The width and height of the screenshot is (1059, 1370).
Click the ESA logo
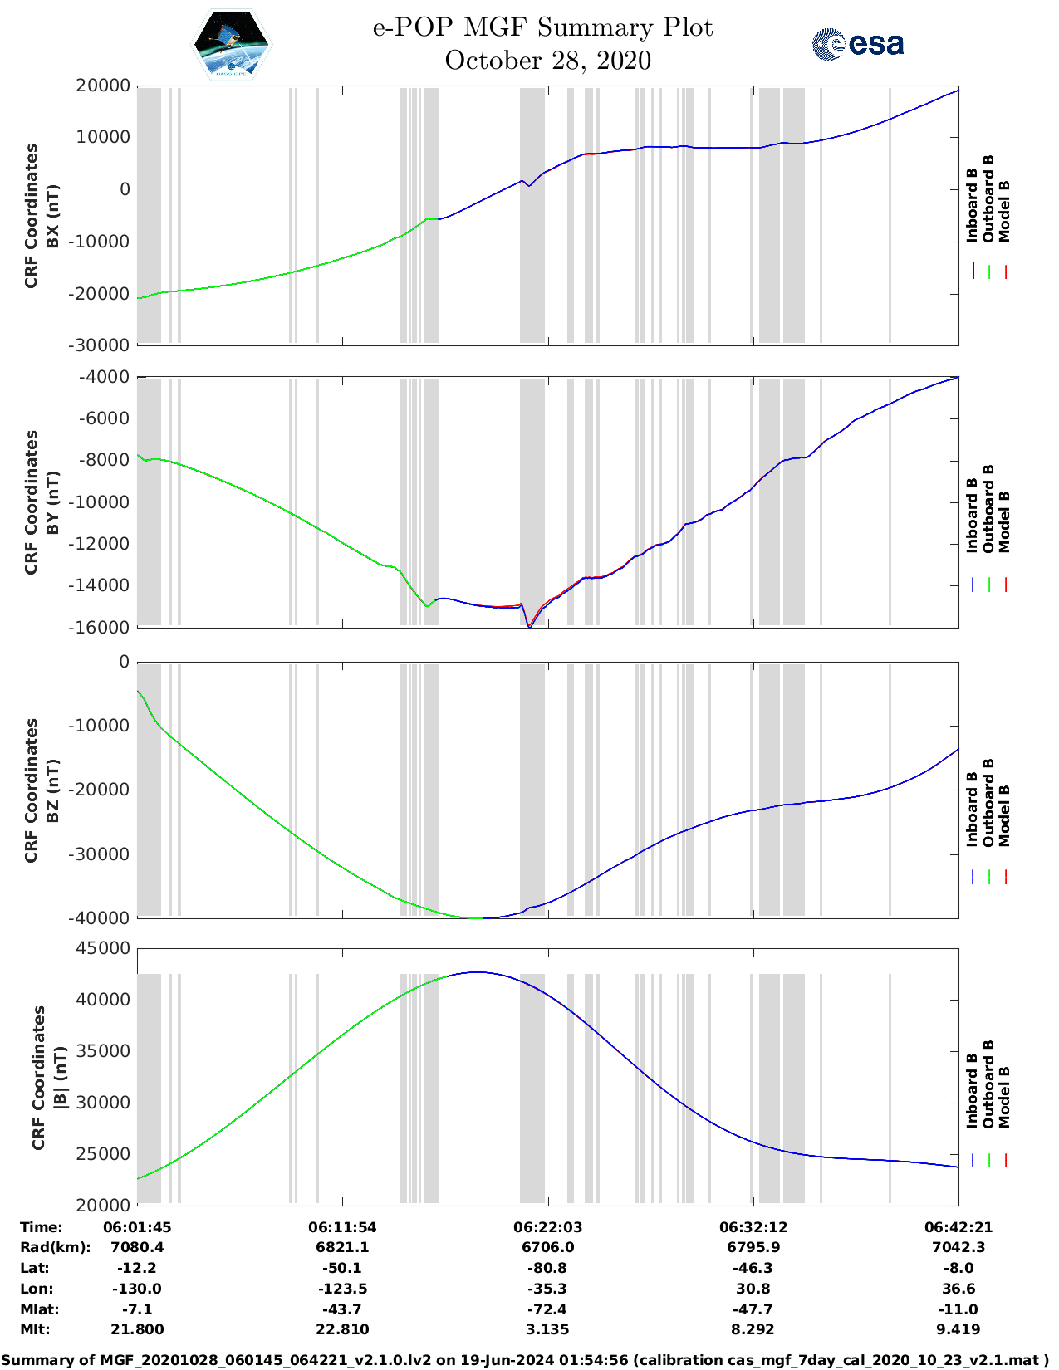pyautogui.click(x=857, y=44)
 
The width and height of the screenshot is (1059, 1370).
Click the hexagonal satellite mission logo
pyautogui.click(x=231, y=44)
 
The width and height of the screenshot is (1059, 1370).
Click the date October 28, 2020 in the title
pyautogui.click(x=547, y=61)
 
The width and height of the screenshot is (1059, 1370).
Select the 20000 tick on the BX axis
pyautogui.click(x=103, y=86)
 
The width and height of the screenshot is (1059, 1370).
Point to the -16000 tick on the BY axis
pyautogui.click(x=103, y=627)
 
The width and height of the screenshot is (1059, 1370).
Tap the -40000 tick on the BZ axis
pyautogui.click(x=103, y=917)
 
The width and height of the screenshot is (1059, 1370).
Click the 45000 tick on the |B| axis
pyautogui.click(x=103, y=948)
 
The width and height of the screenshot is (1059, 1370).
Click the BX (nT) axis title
pyautogui.click(x=53, y=216)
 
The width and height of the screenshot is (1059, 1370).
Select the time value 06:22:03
pyautogui.click(x=547, y=1227)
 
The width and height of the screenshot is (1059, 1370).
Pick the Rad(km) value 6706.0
pyautogui.click(x=547, y=1247)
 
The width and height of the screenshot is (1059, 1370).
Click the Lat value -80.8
pyautogui.click(x=547, y=1268)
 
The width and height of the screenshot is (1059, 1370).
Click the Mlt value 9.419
pyautogui.click(x=958, y=1329)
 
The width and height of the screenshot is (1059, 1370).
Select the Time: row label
pyautogui.click(x=42, y=1227)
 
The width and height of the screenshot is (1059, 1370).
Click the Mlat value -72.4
pyautogui.click(x=547, y=1309)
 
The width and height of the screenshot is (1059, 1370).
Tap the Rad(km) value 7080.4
pyautogui.click(x=137, y=1247)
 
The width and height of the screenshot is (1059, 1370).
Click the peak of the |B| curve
pyautogui.click(x=476, y=972)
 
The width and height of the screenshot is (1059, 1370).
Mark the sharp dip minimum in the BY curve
pyautogui.click(x=529, y=626)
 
